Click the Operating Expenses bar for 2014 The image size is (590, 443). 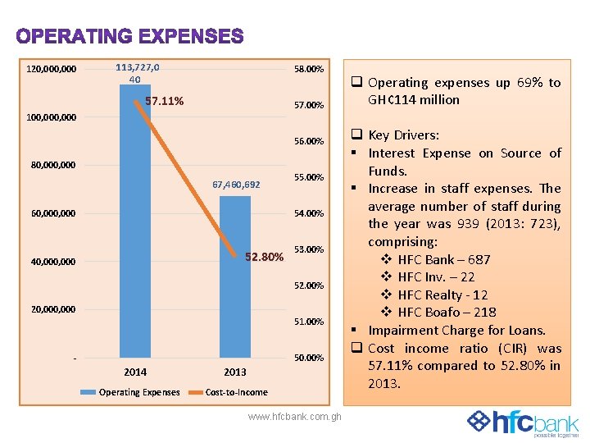(135, 246)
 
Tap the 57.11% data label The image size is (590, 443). (164, 102)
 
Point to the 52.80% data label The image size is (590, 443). (265, 258)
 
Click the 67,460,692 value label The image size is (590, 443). (236, 185)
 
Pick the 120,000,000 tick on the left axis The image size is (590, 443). (52, 69)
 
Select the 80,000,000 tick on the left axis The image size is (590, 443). (52, 165)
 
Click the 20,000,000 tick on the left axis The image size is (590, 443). (52, 309)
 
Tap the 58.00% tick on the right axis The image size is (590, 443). (309, 69)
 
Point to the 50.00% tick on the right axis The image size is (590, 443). (309, 358)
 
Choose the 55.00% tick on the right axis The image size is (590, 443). (309, 177)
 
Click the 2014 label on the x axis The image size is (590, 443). (135, 372)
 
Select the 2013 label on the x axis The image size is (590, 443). (235, 372)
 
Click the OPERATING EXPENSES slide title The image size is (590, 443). (129, 37)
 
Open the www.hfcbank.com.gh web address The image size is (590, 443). (295, 417)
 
